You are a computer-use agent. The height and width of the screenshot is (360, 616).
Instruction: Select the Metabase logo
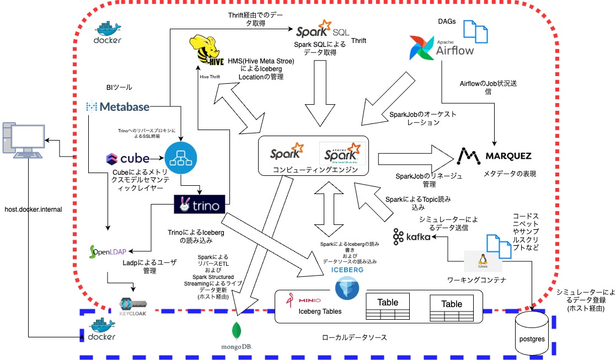(x=118, y=106)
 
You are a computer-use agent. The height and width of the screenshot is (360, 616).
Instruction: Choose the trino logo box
(x=199, y=206)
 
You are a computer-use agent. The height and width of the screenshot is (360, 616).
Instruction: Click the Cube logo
(x=127, y=159)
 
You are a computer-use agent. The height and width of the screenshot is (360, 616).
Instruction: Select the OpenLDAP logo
(x=108, y=252)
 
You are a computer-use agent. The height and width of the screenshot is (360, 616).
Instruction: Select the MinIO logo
(x=302, y=300)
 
